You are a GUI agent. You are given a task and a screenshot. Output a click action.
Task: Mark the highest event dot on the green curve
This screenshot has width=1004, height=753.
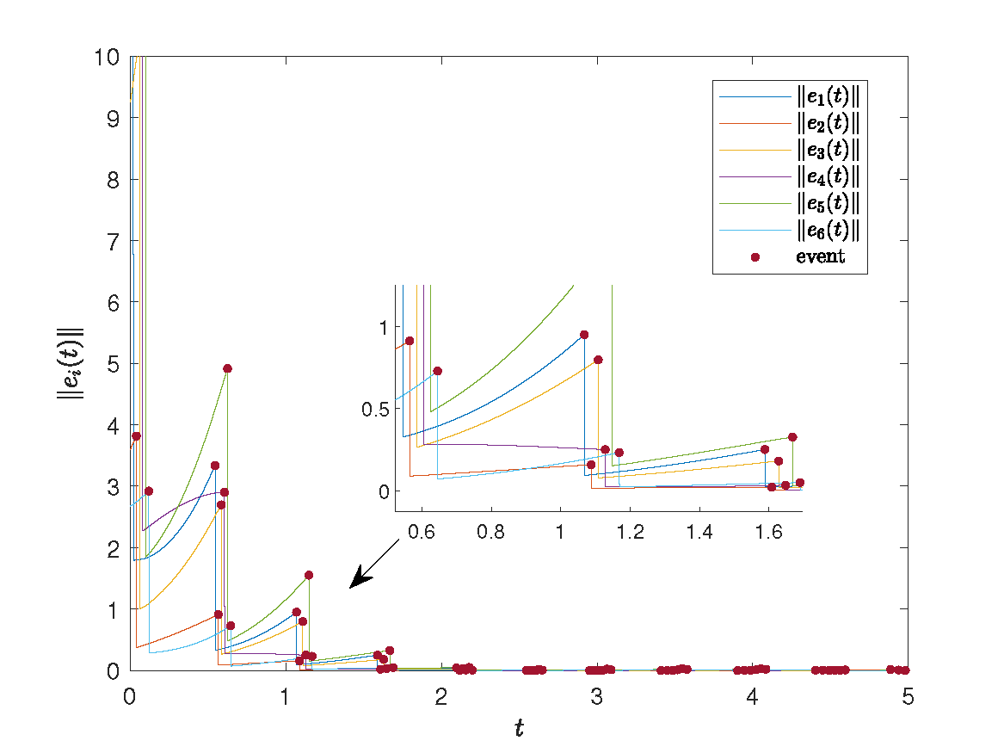227,368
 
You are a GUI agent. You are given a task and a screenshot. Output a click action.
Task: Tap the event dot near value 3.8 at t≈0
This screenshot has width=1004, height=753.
136,436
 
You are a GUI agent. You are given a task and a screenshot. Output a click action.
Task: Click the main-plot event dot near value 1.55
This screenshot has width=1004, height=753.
309,575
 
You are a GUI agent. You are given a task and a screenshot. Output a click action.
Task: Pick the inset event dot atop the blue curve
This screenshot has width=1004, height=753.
584,335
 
